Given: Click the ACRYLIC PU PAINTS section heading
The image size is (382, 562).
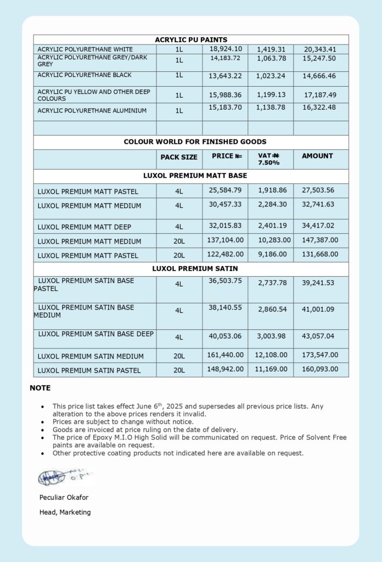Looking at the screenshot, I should click(191, 40).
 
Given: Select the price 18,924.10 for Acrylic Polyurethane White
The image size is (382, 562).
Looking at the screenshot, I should click(226, 49).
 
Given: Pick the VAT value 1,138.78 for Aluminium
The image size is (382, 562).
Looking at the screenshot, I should click(271, 108).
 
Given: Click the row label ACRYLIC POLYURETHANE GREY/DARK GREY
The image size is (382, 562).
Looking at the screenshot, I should click(92, 61).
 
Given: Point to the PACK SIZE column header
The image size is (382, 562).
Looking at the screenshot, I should click(179, 158).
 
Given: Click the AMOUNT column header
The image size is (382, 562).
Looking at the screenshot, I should click(317, 156).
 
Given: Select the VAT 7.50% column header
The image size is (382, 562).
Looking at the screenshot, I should click(269, 159).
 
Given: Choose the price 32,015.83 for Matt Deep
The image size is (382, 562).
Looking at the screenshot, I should click(226, 226).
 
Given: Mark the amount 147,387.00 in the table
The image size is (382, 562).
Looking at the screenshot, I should click(320, 240).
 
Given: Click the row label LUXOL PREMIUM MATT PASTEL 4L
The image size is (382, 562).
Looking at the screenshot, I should click(88, 192).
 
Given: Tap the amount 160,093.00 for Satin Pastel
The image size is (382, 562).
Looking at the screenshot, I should click(320, 369).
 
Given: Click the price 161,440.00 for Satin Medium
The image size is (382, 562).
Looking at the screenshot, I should click(226, 355).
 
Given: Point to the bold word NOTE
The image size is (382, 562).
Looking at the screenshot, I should click(40, 388).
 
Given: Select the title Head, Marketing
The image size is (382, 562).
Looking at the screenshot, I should click(65, 513).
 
